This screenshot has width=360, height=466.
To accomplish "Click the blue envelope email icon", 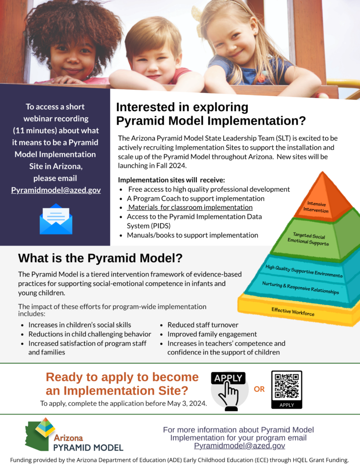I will (x=56, y=219).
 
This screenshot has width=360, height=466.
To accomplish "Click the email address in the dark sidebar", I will (x=56, y=190).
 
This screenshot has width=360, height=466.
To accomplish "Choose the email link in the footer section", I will (x=240, y=446).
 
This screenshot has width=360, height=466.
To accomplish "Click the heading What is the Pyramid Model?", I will (x=100, y=258).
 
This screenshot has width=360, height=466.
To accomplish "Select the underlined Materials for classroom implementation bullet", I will (x=190, y=207).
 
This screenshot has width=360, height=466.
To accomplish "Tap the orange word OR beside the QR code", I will (x=259, y=389).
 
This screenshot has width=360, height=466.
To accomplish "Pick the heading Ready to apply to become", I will (x=122, y=377).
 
